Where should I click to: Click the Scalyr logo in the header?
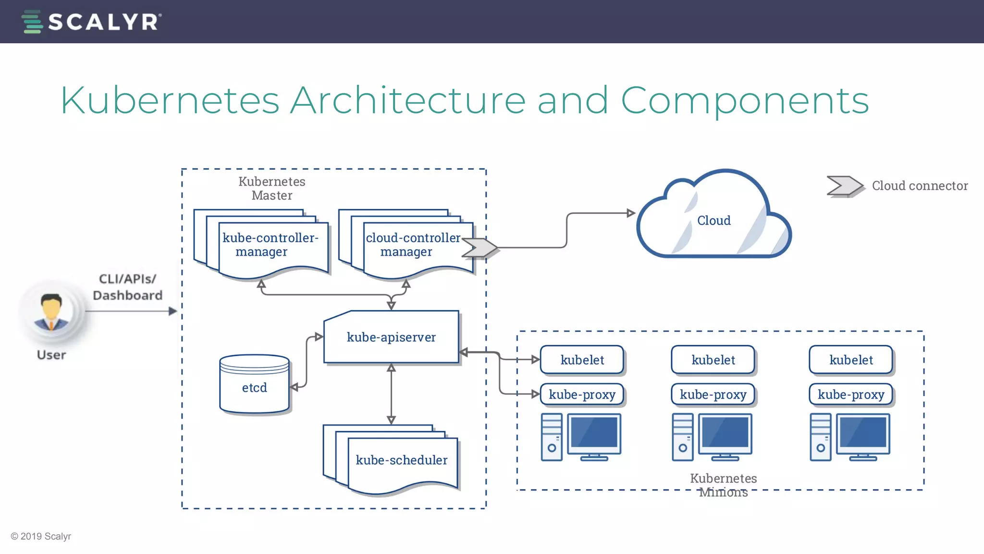tap(91, 22)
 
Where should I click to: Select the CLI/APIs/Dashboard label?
tap(127, 287)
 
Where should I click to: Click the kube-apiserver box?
tap(391, 337)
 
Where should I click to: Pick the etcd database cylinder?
tap(254, 385)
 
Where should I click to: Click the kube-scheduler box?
tap(401, 461)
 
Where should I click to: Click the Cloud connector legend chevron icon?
tap(844, 186)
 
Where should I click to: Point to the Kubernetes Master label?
tap(272, 189)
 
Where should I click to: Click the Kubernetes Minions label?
tap(723, 485)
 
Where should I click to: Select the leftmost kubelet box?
tap(582, 360)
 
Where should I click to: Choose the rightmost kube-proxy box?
tap(851, 394)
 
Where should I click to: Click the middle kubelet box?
tap(713, 360)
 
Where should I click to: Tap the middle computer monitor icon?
tap(725, 434)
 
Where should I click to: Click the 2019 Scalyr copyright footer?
tap(41, 536)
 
